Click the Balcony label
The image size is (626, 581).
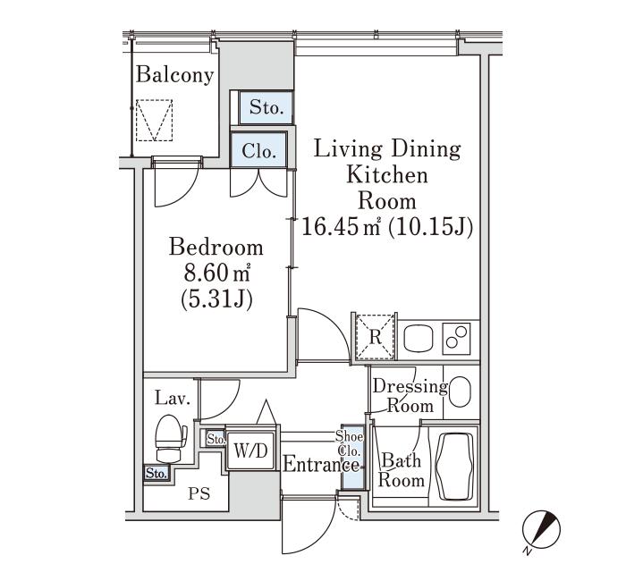[x=175, y=75]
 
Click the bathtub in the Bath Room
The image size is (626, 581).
[x=455, y=466]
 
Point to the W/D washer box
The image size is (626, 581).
[x=250, y=450]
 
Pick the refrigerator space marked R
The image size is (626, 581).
[x=375, y=338]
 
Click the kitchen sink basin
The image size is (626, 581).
[x=419, y=339]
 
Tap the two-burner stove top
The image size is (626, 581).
[x=457, y=338]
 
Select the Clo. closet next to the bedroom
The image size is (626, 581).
[x=259, y=150]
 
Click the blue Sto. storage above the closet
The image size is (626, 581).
[x=266, y=108]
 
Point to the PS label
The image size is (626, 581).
[x=199, y=494]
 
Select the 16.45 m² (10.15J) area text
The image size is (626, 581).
[x=387, y=227]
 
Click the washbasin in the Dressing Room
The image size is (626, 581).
[x=460, y=392]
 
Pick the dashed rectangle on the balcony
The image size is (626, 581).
[x=154, y=120]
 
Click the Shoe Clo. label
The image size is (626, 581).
[x=350, y=443]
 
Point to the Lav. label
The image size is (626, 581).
[x=173, y=398]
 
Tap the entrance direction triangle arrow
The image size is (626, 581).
[x=266, y=412]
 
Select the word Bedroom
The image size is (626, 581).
[x=216, y=247]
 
